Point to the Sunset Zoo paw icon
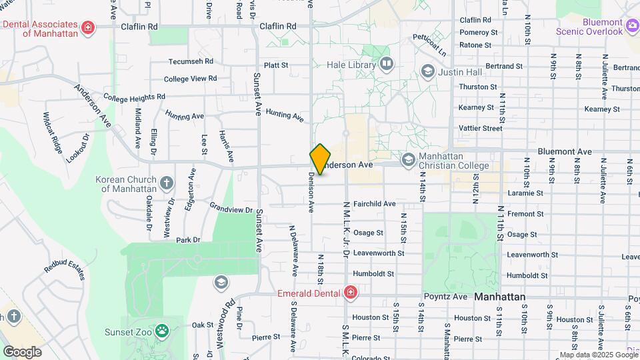(162, 331)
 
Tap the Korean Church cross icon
(167, 181)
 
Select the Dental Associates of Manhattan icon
(87, 28)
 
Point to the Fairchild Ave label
(375, 203)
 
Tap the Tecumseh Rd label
(191, 61)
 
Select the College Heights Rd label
(134, 97)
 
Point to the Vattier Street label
(481, 128)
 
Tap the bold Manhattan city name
(500, 296)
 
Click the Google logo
(21, 351)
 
